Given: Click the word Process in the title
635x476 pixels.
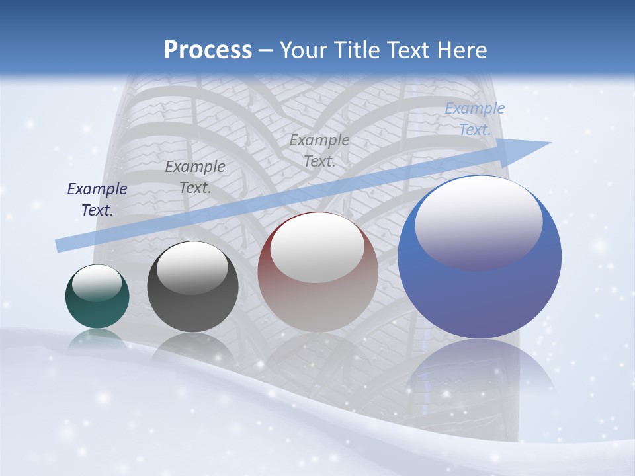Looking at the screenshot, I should point(208,50).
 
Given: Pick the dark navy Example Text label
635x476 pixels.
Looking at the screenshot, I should point(97,200).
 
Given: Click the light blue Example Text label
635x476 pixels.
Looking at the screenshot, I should point(475,119).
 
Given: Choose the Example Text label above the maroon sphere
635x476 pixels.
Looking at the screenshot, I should point(319,150).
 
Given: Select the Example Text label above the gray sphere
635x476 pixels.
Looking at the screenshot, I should point(195,177).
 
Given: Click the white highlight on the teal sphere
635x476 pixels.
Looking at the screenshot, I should point(97,282).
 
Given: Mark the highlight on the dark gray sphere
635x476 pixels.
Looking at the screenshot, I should point(192,267).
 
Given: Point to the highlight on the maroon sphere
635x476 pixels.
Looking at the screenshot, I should point(317,247).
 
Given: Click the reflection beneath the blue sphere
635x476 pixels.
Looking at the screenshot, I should point(480,370).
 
